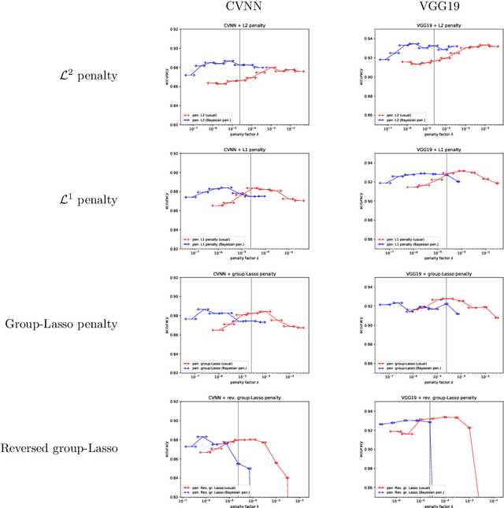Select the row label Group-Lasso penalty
tap(61, 324)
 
